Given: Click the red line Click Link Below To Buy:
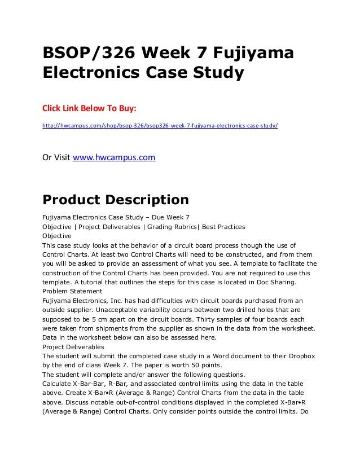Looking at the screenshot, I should pyautogui.click(x=90, y=107).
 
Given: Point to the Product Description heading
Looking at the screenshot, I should pyautogui.click(x=116, y=200).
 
